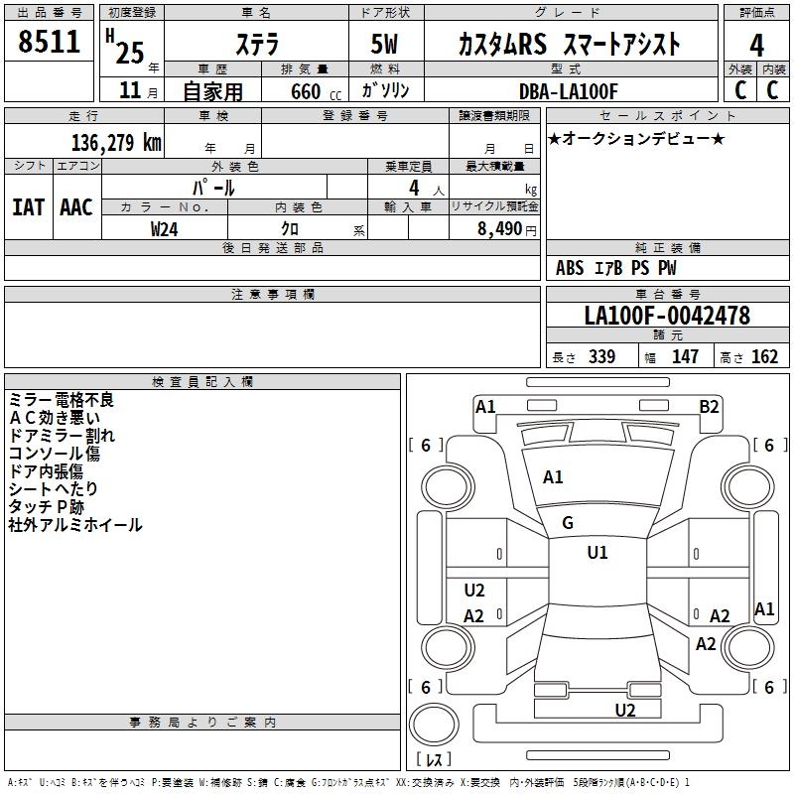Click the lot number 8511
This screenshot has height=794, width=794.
tap(49, 42)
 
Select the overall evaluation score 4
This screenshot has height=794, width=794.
tap(756, 46)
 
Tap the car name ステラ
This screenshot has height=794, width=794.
tap(256, 44)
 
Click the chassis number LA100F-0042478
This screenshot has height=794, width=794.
tap(667, 317)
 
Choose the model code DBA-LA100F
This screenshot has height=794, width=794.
tap(569, 91)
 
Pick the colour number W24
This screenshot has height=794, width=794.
tap(165, 228)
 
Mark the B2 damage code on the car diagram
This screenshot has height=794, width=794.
tap(709, 406)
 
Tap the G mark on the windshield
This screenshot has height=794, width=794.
tap(568, 523)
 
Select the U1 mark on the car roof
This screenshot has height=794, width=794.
tap(597, 553)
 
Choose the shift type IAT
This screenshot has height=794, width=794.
tap(28, 207)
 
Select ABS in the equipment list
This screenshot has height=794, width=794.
tap(570, 268)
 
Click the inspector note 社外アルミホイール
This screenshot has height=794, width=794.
tap(75, 525)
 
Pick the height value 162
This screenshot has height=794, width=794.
tap(763, 357)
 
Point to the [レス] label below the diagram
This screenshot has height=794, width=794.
tap(433, 760)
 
